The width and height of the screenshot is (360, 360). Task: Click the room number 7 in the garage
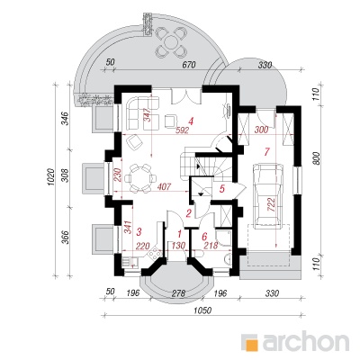[265, 152]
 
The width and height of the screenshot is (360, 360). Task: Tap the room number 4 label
[191, 121]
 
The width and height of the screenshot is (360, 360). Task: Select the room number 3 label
[139, 231]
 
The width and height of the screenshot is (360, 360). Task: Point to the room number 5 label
[222, 189]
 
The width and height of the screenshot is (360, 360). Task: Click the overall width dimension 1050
[202, 310]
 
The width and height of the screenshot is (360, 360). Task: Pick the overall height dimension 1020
[50, 177]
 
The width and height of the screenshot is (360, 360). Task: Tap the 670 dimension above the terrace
[189, 65]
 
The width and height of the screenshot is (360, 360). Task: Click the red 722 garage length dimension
[272, 205]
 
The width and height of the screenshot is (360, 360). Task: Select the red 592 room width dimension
[183, 130]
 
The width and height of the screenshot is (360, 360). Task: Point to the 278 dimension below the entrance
[178, 292]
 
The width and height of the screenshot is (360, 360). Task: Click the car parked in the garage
[268, 194]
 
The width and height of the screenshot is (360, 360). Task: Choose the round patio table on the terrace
[171, 41]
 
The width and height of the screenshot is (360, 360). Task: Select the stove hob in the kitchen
[154, 255]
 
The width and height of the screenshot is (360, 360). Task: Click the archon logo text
[306, 341]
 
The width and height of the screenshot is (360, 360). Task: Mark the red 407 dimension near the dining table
[164, 187]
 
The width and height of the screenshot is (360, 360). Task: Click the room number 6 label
[204, 236]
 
